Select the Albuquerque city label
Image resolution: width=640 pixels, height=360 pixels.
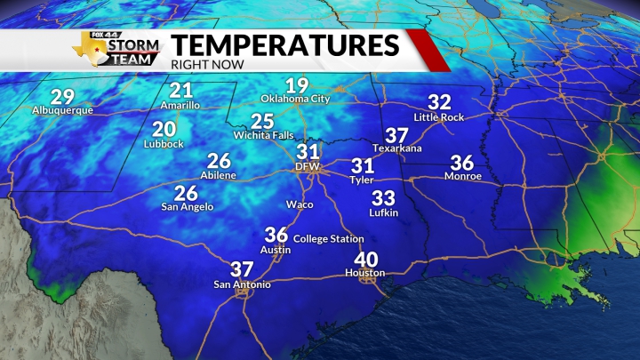click(x=62, y=110)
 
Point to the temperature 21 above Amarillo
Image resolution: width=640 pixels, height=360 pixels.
click(x=181, y=91)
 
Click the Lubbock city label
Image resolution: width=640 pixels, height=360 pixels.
click(x=165, y=144)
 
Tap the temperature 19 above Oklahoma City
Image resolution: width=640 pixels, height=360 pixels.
click(x=297, y=86)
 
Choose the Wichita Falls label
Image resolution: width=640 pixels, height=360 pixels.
click(x=261, y=135)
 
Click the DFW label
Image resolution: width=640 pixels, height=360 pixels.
click(x=308, y=166)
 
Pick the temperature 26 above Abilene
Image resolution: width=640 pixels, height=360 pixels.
click(x=219, y=161)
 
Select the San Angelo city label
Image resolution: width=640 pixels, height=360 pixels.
click(x=187, y=207)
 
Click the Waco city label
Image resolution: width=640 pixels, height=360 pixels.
click(x=299, y=204)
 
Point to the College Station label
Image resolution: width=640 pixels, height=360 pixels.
click(x=328, y=239)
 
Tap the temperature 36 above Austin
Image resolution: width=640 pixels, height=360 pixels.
click(x=276, y=236)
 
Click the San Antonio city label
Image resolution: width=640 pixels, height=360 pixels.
click(x=242, y=284)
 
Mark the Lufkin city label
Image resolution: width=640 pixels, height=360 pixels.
click(x=384, y=212)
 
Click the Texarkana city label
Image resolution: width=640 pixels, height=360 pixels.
click(x=396, y=148)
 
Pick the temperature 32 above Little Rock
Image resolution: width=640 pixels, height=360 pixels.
click(x=440, y=102)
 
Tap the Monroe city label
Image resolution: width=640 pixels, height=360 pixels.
click(x=462, y=177)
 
